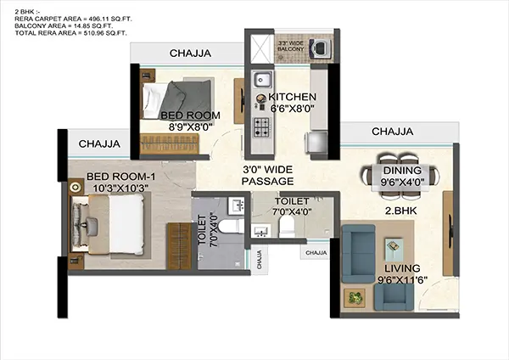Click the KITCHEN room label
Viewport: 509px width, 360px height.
tap(294, 97)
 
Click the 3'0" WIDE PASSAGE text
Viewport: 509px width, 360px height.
tap(267, 175)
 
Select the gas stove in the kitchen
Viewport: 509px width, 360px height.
tap(261, 128)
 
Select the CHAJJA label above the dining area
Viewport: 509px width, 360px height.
tap(392, 132)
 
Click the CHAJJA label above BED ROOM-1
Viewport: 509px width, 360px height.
tap(100, 143)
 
